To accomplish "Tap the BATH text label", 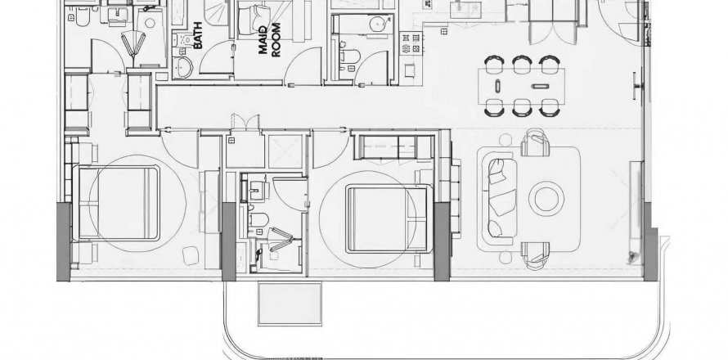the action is (198, 36).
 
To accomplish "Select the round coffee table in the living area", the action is (546, 198).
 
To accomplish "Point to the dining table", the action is (521, 87).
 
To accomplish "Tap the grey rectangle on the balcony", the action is (290, 304).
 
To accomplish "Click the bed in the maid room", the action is (254, 20).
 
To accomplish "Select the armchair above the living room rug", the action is (535, 143).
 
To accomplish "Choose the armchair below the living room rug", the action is (535, 255).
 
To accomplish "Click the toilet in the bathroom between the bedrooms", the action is (258, 219).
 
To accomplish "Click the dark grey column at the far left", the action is (64, 241).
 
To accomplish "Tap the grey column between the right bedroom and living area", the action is (442, 241).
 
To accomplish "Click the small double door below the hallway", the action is (245, 122).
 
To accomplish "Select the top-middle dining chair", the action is (522, 64).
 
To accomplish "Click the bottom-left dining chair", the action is (494, 108).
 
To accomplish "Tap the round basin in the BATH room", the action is (183, 67).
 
